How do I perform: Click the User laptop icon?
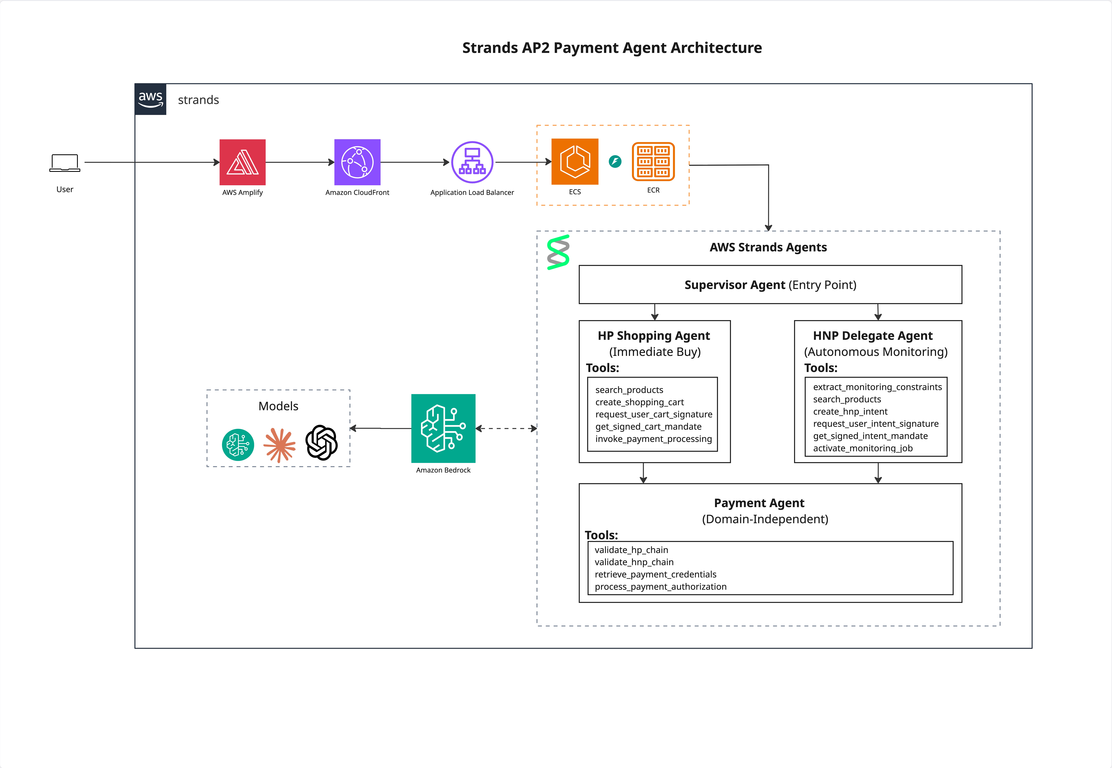tap(65, 163)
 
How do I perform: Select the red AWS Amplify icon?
tap(242, 162)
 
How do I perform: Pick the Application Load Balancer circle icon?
tap(472, 162)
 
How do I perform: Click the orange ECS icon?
tap(574, 162)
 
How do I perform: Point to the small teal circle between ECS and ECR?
tap(615, 162)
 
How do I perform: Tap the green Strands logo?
tap(558, 252)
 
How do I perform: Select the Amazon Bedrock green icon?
tap(443, 428)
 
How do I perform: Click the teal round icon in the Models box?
tap(238, 445)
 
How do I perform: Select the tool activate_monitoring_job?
tap(863, 448)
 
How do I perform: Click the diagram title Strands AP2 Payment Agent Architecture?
tap(612, 48)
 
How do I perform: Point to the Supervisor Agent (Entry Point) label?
tap(770, 285)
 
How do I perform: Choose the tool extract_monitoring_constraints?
tap(877, 387)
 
